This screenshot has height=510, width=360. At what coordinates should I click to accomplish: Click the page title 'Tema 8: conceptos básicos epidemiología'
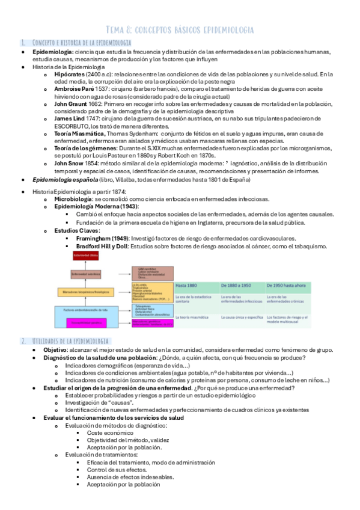(x=180, y=29)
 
